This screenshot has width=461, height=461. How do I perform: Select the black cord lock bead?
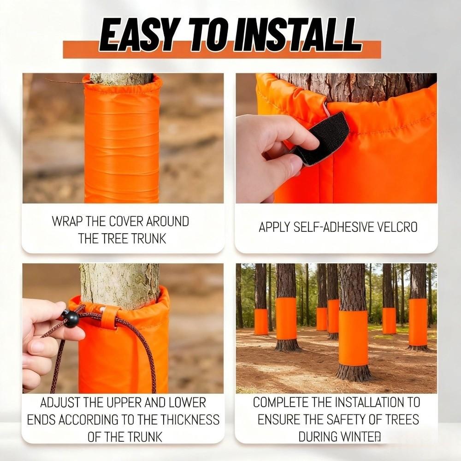pyautogui.click(x=70, y=319)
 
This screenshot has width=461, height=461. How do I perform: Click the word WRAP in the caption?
pyautogui.click(x=67, y=221)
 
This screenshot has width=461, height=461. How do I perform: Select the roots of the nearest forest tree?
pyautogui.click(x=354, y=372)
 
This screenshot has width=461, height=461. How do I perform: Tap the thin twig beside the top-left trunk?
pyautogui.click(x=65, y=82)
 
